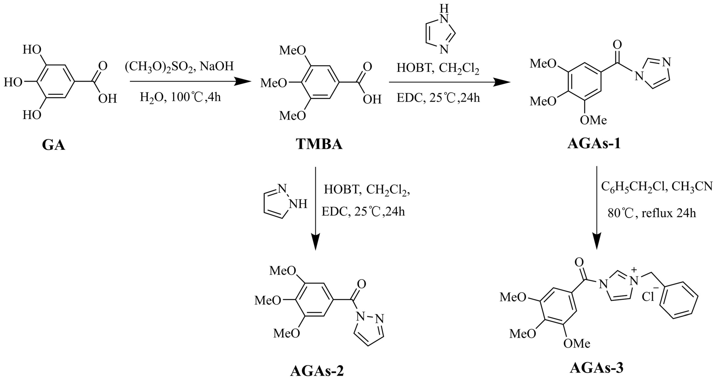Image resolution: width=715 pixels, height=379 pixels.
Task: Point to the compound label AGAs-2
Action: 317,371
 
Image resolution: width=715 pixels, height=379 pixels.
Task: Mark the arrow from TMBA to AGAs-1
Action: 450,82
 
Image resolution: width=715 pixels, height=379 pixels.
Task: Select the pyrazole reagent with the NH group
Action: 284,202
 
